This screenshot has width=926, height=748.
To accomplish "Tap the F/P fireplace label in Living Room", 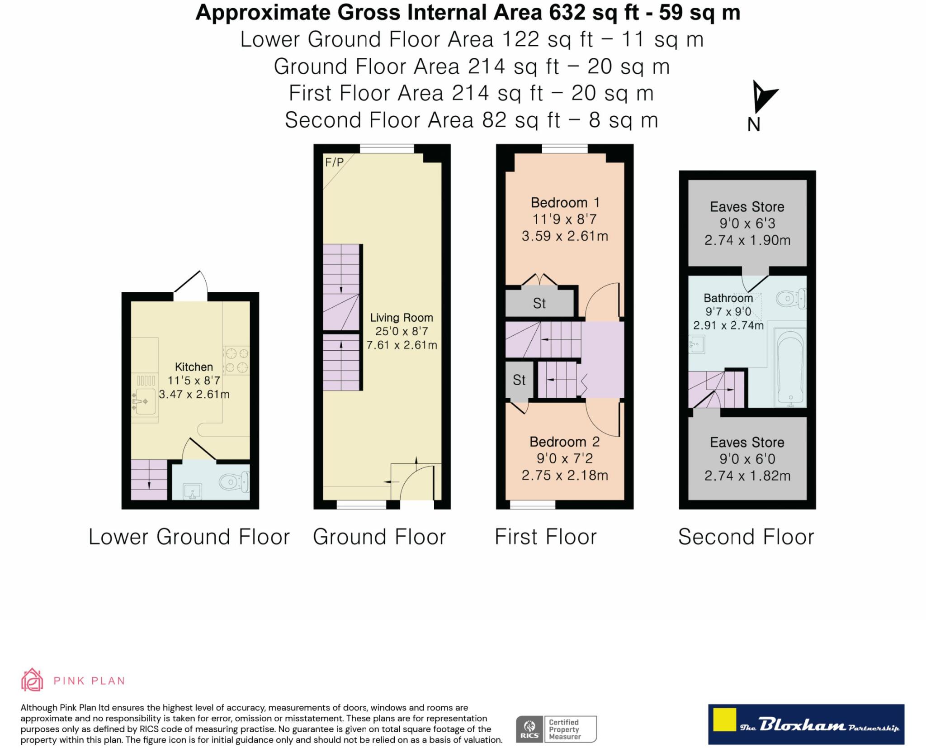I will pyautogui.click(x=334, y=162).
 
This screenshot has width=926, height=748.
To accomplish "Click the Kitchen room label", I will pyautogui.click(x=194, y=367).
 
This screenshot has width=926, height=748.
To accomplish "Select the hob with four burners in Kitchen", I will pyautogui.click(x=236, y=360).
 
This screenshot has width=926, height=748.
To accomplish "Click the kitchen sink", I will pyautogui.click(x=145, y=401).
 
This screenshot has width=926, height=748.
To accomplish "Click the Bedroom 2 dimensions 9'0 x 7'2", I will pyautogui.click(x=564, y=458).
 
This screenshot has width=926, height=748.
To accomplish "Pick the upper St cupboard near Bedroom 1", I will pyautogui.click(x=539, y=303).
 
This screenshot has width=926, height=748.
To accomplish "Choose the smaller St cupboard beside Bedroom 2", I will pyautogui.click(x=519, y=380).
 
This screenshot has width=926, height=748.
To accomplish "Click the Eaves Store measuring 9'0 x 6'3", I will pyautogui.click(x=747, y=223).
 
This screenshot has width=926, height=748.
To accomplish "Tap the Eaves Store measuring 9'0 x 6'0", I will pyautogui.click(x=747, y=459).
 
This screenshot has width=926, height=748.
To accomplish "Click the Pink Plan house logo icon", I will pyautogui.click(x=32, y=680).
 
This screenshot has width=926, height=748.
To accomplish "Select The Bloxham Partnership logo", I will pyautogui.click(x=806, y=724).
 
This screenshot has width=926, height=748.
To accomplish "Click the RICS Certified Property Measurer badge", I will pyautogui.click(x=556, y=729).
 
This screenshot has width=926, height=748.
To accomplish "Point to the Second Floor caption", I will pyautogui.click(x=746, y=537).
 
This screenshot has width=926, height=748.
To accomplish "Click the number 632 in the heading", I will pyautogui.click(x=567, y=12).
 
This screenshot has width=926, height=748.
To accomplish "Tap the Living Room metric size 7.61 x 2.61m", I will pyautogui.click(x=402, y=345).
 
